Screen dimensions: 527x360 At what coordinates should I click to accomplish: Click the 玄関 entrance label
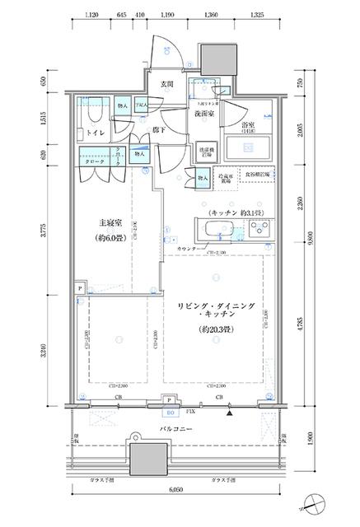tap(166, 84)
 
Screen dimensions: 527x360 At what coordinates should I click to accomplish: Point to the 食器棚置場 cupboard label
tap(259, 175)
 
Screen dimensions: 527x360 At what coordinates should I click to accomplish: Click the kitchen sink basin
tap(217, 228)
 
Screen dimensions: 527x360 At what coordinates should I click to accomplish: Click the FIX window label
tap(191, 409)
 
